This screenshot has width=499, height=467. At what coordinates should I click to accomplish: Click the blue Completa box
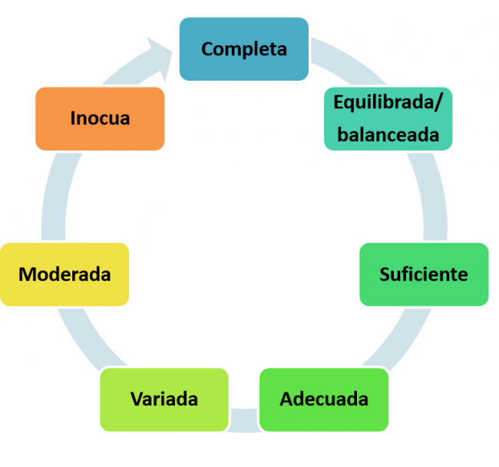(x=243, y=49)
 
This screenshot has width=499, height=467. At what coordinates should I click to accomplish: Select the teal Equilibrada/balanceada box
(x=388, y=118)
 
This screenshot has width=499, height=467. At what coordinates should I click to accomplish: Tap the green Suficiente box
(x=423, y=274)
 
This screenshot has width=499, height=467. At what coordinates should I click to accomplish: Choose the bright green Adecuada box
(x=323, y=399)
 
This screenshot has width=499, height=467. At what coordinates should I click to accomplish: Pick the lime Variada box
(x=164, y=399)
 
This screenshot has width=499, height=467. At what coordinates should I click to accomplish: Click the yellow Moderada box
(x=64, y=274)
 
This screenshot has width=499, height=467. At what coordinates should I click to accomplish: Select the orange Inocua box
(x=100, y=118)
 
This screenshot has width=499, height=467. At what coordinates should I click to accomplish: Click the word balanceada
(x=388, y=135)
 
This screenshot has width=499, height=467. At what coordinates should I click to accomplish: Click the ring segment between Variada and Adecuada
(x=244, y=419)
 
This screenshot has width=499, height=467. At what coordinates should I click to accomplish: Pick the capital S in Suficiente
(x=385, y=274)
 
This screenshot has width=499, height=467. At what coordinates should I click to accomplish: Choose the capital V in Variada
(x=136, y=399)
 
